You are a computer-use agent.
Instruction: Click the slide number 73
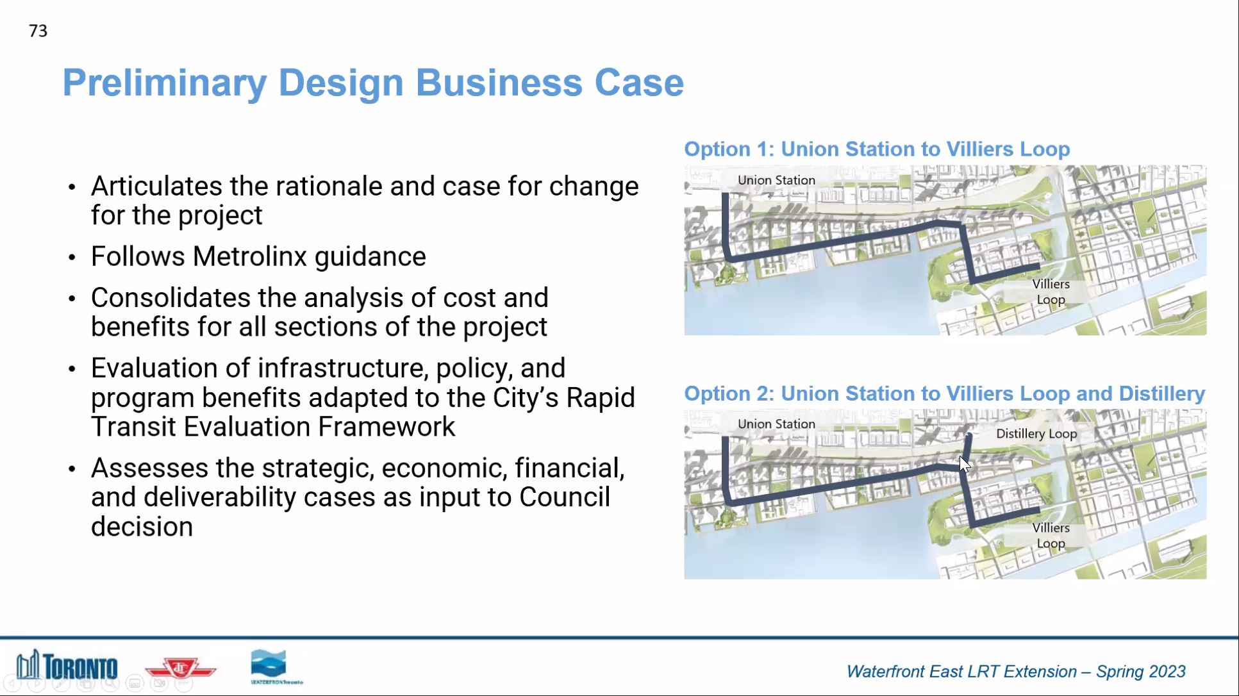(38, 31)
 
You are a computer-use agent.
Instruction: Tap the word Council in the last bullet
(564, 497)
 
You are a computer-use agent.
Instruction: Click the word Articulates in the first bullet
(156, 186)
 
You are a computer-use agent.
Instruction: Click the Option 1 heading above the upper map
(877, 149)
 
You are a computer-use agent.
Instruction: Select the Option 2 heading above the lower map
(944, 394)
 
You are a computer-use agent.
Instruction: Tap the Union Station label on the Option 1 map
(776, 180)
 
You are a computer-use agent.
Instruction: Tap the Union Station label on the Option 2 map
(776, 424)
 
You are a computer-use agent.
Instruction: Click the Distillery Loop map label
(1036, 434)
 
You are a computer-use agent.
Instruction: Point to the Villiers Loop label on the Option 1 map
(1051, 292)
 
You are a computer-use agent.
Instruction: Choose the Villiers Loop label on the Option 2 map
(1051, 536)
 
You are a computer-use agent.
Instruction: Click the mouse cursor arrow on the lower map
(965, 464)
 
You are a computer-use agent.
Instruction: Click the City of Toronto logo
(67, 665)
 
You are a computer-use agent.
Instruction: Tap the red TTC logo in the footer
(180, 668)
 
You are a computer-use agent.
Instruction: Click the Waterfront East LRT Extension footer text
(1015, 672)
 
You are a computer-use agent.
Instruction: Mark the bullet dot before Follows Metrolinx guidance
(72, 258)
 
